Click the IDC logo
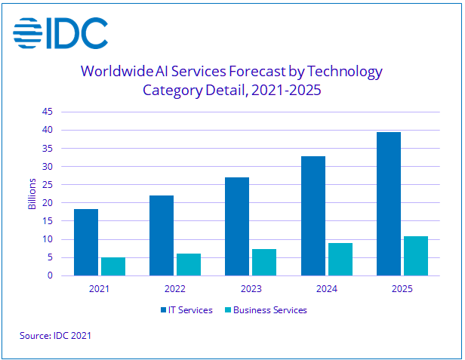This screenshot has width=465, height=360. [x=60, y=32]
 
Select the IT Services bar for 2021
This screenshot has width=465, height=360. [x=86, y=242]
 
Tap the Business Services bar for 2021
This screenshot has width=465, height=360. [x=112, y=266]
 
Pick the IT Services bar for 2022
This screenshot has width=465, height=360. [x=162, y=235]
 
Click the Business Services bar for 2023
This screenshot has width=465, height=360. [x=264, y=262]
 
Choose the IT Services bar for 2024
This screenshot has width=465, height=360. [x=313, y=216]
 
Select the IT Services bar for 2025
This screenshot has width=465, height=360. [x=389, y=204]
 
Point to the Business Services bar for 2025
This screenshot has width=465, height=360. [x=416, y=256]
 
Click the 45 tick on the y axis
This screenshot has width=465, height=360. [x=47, y=112]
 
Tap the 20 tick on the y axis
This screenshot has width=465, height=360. [x=47, y=203]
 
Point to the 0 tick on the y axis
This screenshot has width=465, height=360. [x=50, y=275]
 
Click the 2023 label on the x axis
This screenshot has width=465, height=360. [x=251, y=288]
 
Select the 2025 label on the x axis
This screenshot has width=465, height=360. [x=402, y=288]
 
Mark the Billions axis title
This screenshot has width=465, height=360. [x=32, y=194]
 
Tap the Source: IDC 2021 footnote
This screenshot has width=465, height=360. [x=55, y=334]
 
